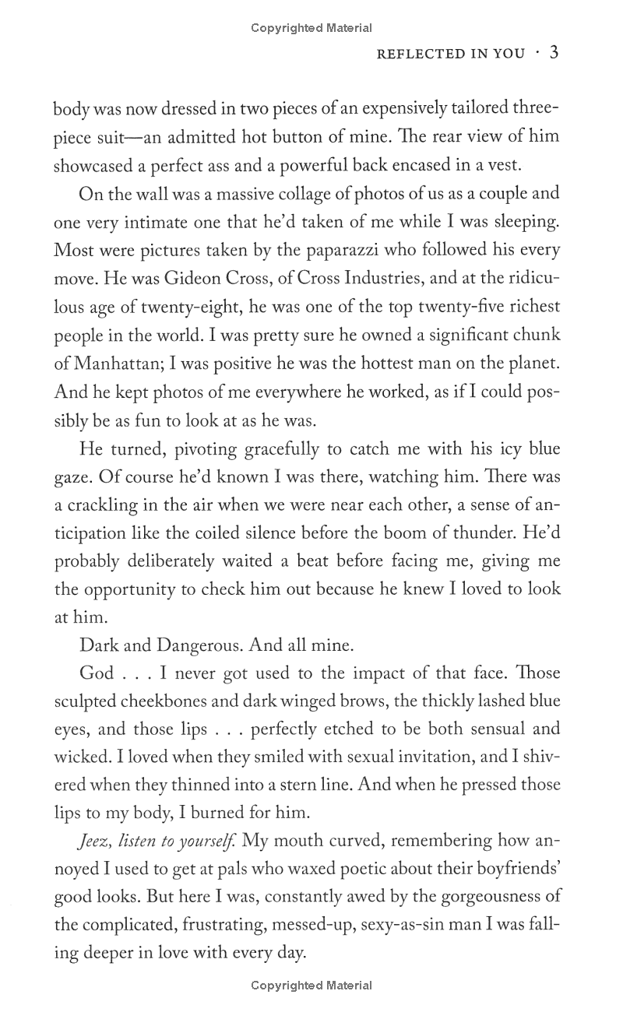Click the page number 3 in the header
[x=554, y=53]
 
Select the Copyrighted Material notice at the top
[x=311, y=28]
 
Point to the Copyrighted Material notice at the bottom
[x=311, y=986]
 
